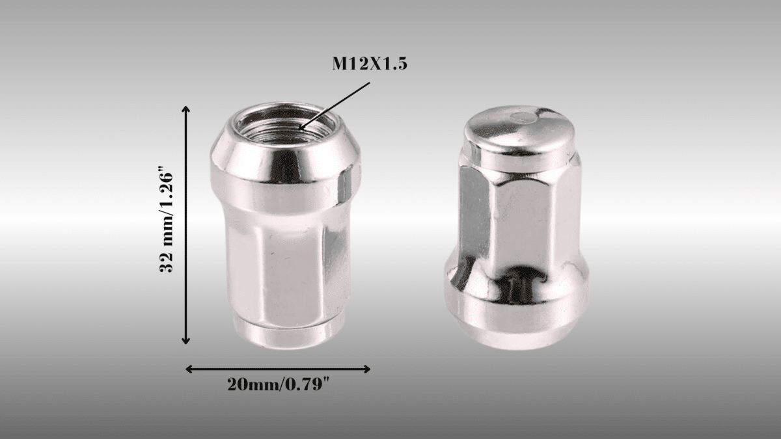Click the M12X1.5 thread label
pyautogui.click(x=370, y=64)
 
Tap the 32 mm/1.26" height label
pyautogui.click(x=167, y=223)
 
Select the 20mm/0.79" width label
pyautogui.click(x=279, y=385)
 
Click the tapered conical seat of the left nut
pyautogui.click(x=284, y=163)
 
